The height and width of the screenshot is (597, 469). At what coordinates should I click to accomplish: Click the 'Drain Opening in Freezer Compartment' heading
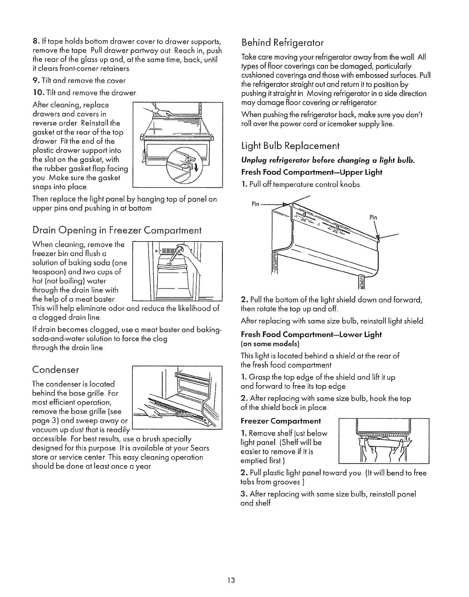click(117, 230)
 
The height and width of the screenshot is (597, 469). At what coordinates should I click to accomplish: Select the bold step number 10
click(39, 93)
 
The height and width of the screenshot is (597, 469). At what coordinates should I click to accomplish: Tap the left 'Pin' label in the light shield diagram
click(255, 204)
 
